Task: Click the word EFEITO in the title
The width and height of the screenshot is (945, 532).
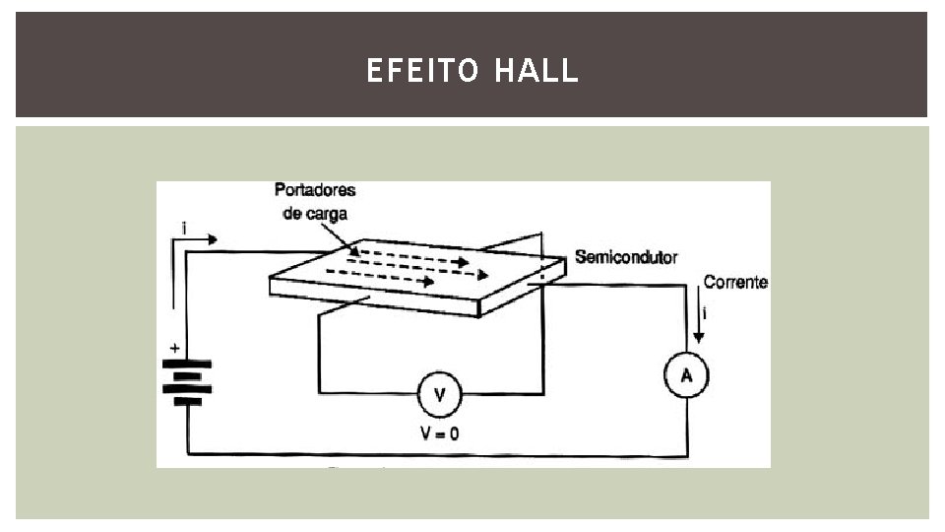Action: [x=421, y=71]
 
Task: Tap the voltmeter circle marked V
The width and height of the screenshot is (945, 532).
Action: [x=440, y=395]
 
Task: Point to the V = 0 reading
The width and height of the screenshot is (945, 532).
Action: [x=440, y=432]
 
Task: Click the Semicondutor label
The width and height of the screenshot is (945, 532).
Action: [x=626, y=257]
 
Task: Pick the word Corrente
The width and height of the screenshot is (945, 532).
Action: [x=735, y=283]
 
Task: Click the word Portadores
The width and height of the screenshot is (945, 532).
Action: [x=315, y=190]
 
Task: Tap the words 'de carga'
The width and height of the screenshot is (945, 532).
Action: [x=315, y=213]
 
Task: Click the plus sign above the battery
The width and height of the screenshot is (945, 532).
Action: [x=175, y=348]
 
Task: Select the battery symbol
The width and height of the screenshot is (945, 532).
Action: [x=186, y=382]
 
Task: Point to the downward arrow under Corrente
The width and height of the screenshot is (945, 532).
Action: [x=700, y=321]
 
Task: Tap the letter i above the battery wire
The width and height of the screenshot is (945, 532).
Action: [x=184, y=229]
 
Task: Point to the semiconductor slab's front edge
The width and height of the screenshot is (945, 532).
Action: [x=374, y=298]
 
